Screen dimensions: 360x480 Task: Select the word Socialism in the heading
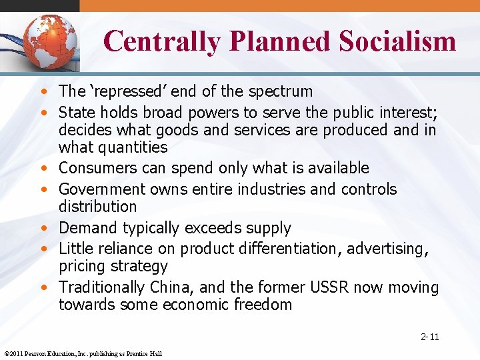397,41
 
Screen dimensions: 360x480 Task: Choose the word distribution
97,207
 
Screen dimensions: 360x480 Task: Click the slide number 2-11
429,337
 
